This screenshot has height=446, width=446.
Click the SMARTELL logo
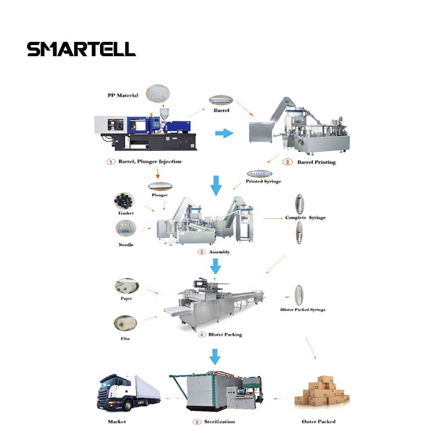81,49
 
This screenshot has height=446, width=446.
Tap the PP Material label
123,95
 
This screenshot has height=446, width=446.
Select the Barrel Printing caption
316,162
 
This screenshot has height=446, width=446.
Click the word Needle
126,245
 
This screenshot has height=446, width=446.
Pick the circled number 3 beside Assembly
202,252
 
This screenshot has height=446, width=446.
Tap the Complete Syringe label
306,218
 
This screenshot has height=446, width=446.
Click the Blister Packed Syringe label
303,310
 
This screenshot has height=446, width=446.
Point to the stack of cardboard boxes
322,392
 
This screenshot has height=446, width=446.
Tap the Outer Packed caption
318,421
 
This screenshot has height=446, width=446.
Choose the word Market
117,421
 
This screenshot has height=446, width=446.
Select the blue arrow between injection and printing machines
224,132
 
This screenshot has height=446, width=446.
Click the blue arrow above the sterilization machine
215,356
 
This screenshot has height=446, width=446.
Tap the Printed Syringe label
264,182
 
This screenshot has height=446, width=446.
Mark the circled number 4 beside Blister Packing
202,334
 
